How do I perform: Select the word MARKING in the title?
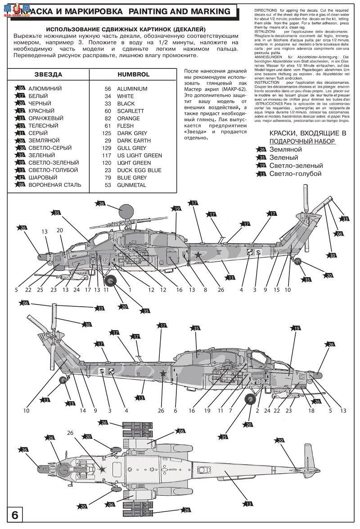point(210,12)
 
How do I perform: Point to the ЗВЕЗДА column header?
point(48,74)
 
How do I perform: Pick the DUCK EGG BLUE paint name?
point(139,170)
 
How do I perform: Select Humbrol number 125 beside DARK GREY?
point(108,133)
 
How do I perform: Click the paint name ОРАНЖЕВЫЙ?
point(46,118)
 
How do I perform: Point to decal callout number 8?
point(205,290)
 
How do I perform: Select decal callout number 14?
point(82,410)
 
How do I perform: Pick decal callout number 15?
point(277,290)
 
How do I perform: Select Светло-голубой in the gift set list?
point(295,174)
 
